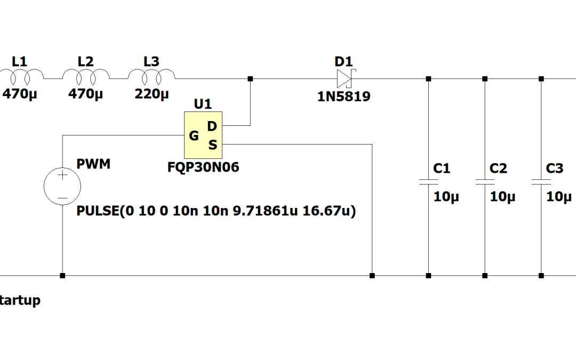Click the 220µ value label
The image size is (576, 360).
coord(151,94)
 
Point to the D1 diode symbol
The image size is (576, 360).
coord(344,79)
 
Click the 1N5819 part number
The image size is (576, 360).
coord(344,97)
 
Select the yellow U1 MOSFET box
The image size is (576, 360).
coord(203,135)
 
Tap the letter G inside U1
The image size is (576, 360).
coord(194,136)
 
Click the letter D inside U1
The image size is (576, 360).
coord(212,126)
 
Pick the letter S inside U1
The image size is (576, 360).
coord(212,145)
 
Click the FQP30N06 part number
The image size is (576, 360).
coord(203,167)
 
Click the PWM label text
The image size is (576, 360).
coord(94,164)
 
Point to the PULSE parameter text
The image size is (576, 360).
coord(216,211)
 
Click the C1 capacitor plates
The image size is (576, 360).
coord(428,181)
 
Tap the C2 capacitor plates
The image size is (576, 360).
coord(485,181)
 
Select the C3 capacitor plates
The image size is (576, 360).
coord(541,181)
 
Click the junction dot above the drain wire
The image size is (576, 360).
coord(250,79)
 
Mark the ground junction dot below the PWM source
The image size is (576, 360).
coord(62,276)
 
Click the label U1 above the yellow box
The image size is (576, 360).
coord(203,104)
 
